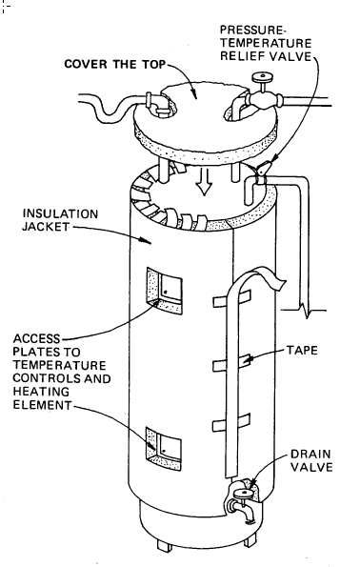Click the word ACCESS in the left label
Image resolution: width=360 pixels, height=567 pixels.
click(33, 338)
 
